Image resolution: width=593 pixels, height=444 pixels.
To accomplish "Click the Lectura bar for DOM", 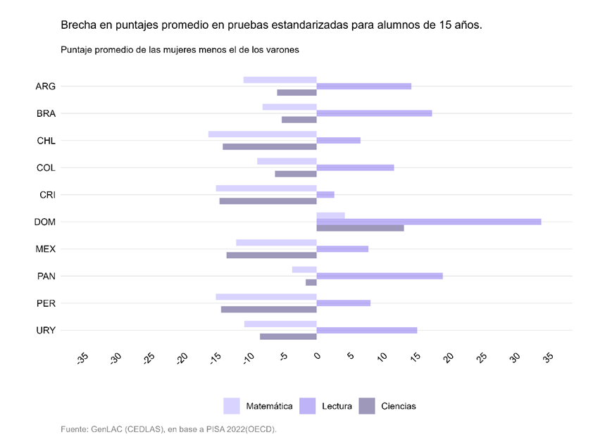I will click(428, 222).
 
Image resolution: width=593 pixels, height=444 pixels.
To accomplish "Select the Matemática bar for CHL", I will click(262, 134).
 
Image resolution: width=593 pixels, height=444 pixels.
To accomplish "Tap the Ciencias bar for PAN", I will click(311, 282).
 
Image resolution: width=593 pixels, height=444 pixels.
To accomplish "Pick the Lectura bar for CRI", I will click(325, 194).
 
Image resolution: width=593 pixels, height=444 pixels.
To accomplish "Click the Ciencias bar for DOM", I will click(360, 228).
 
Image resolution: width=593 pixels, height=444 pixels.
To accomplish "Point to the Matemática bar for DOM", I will click(330, 215).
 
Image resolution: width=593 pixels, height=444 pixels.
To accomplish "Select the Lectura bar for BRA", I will click(374, 113).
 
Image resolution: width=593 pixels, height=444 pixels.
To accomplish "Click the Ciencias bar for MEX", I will click(271, 255).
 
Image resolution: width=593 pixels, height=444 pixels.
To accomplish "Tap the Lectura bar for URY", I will click(366, 330).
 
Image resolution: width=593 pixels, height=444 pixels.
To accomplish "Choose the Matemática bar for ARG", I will click(280, 80).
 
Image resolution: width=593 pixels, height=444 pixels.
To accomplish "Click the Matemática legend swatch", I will click(232, 406).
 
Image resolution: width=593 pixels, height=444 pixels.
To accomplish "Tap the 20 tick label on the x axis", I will click(448, 358).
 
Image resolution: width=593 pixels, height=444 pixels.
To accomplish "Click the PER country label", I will click(46, 303).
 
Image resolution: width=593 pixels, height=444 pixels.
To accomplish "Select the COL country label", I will click(46, 167).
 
